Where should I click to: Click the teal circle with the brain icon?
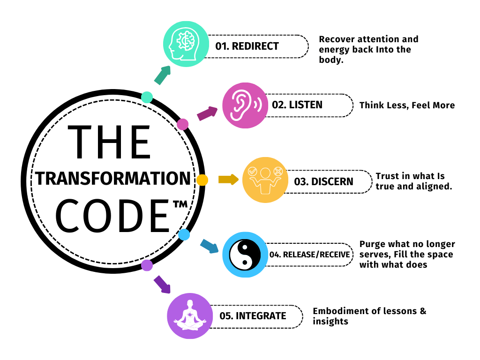click(186, 44)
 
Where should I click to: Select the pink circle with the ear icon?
click(245, 105)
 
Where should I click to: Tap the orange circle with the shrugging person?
click(265, 180)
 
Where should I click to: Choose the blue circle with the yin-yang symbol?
click(245, 255)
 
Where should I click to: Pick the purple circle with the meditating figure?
click(190, 316)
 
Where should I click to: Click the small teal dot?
click(147, 97)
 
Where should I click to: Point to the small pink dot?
click(183, 124)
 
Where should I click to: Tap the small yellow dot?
click(202, 180)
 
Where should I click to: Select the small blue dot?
click(184, 235)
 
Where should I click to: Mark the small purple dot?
click(147, 265)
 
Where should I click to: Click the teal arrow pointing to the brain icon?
click(162, 75)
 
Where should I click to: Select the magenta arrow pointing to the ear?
click(207, 113)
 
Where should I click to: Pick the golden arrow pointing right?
click(228, 180)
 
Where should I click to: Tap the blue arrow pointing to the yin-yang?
click(209, 246)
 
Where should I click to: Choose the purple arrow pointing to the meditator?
click(162, 285)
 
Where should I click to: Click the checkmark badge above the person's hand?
click(252, 171)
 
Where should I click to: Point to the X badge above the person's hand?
click(278, 171)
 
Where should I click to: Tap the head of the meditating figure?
click(190, 303)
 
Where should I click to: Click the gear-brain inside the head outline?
click(187, 40)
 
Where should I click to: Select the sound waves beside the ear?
click(257, 104)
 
